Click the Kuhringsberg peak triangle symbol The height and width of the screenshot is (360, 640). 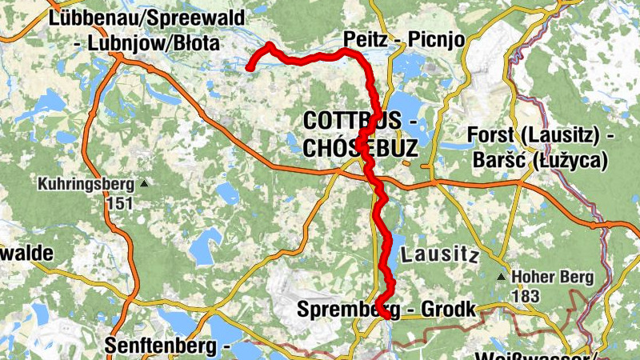tap(145, 184)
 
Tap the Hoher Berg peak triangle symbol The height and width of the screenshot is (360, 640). tap(502, 278)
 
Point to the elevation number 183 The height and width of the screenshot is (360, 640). tap(525, 296)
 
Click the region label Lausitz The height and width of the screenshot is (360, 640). tap(439, 257)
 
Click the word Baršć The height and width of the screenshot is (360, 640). tap(502, 161)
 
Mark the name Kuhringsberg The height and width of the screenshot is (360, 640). tap(86, 185)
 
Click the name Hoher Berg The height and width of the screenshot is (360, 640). tap(553, 278)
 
